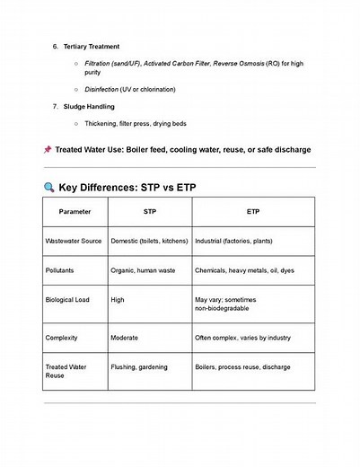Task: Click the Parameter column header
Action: (75, 211)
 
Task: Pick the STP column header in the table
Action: (149, 211)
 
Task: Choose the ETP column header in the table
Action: (252, 211)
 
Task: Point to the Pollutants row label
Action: (61, 269)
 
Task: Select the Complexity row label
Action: (63, 338)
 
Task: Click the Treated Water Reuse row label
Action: (67, 372)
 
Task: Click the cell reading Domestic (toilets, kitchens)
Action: (149, 242)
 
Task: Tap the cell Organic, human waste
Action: (142, 269)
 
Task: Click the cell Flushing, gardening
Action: (140, 367)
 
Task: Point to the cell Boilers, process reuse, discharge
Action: (241, 367)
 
